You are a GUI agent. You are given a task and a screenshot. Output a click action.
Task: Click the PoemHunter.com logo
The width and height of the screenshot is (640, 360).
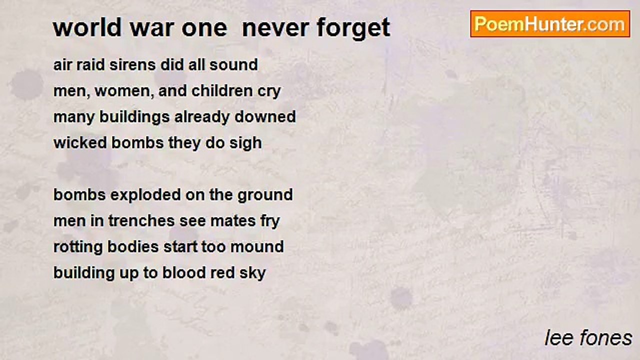(550, 24)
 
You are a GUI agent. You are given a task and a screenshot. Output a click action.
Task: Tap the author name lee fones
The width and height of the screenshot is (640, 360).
(588, 338)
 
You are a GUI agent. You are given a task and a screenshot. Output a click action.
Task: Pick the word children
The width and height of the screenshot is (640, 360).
(222, 90)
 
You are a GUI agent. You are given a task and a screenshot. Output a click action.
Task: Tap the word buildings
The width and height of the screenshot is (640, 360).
(134, 117)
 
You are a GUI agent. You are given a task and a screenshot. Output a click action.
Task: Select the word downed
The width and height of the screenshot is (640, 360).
(265, 116)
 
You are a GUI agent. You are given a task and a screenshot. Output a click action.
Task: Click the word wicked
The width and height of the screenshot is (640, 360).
(80, 142)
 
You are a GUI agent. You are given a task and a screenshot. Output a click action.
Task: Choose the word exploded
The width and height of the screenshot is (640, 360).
(145, 195)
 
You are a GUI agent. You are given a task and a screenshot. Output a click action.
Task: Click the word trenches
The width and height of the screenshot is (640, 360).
(141, 221)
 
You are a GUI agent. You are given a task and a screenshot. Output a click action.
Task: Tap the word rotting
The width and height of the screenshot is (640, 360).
(78, 247)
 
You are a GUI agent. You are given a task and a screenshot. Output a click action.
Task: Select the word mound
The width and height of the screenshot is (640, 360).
(257, 247)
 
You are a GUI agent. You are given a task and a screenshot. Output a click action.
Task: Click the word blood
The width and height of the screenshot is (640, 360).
(184, 272)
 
